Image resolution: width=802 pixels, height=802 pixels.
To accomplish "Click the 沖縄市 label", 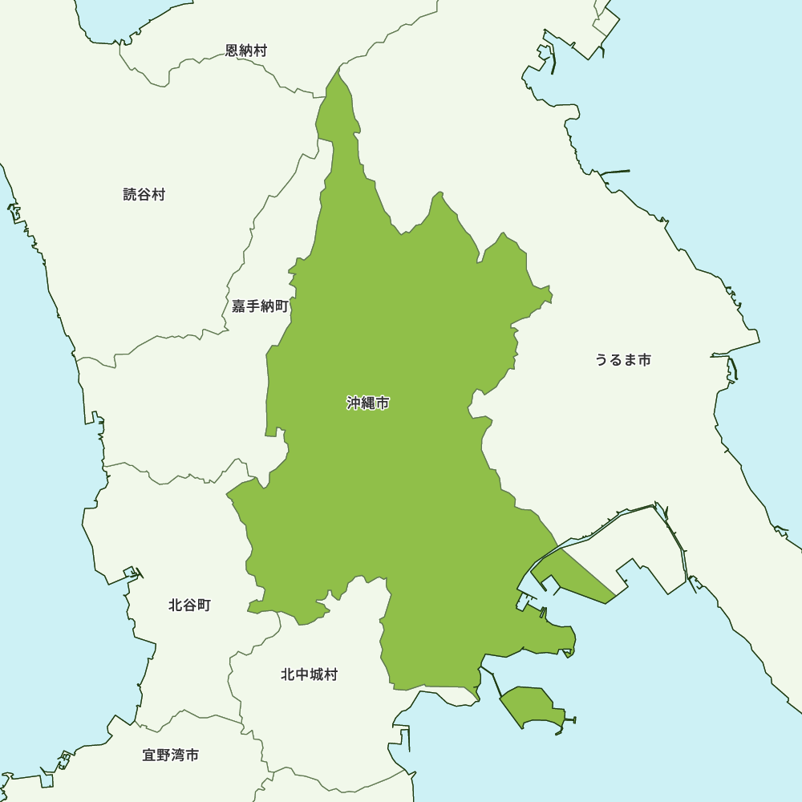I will pyautogui.click(x=368, y=403).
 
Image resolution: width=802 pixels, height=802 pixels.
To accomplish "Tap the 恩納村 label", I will pyautogui.click(x=246, y=51).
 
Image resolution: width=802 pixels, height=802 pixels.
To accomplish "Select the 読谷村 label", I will pyautogui.click(x=144, y=194).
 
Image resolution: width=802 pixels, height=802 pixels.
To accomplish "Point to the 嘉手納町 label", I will pyautogui.click(x=260, y=306).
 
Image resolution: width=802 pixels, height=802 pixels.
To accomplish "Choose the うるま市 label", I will pyautogui.click(x=623, y=359).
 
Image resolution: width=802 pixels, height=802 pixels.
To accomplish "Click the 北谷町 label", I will pyautogui.click(x=190, y=605).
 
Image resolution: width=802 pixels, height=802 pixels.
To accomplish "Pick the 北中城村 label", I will pyautogui.click(x=309, y=674).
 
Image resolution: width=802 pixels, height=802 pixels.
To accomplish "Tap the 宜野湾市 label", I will pyautogui.click(x=171, y=755).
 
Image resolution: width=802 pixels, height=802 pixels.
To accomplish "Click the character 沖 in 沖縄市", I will pyautogui.click(x=354, y=403).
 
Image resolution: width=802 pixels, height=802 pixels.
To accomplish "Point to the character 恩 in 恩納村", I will pyautogui.click(x=232, y=51).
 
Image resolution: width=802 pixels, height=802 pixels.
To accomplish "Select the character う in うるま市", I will pyautogui.click(x=601, y=359).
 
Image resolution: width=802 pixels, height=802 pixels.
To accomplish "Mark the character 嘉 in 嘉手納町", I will pyautogui.click(x=239, y=306).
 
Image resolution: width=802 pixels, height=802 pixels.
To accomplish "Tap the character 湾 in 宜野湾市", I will pyautogui.click(x=178, y=755).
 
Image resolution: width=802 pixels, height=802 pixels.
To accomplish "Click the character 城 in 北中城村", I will pyautogui.click(x=316, y=674).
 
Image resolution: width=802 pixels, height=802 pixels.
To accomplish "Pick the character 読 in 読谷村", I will pyautogui.click(x=130, y=194).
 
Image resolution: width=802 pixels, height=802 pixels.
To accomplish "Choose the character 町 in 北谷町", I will pyautogui.click(x=204, y=605).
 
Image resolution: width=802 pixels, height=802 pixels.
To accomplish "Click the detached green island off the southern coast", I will pyautogui.click(x=531, y=706).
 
